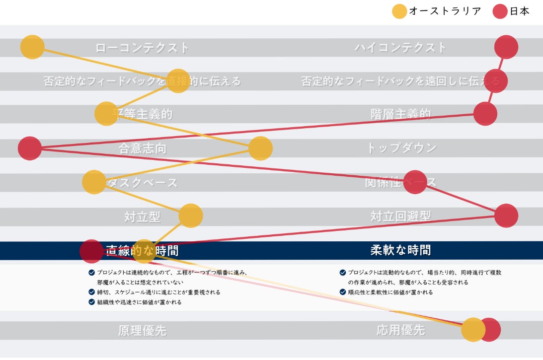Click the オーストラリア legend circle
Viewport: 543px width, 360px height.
coord(399,11)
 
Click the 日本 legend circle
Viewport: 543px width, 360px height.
coord(500,11)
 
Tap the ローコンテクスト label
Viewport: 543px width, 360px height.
coord(142,48)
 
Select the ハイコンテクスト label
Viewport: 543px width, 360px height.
coord(400,48)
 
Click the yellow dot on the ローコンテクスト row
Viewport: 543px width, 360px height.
coord(32,47)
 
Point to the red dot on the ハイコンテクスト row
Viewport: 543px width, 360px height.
coord(506,47)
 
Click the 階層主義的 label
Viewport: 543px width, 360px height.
coord(400,114)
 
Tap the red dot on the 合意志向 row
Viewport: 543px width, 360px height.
coord(30,148)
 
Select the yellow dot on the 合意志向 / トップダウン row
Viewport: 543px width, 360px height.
coord(260,148)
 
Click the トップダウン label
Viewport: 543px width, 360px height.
coord(401,148)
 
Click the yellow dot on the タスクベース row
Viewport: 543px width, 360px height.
coord(94,182)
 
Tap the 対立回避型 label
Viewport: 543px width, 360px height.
coord(400,216)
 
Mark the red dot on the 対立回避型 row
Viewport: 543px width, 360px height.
coord(506,216)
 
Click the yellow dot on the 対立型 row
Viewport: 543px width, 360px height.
coord(190,216)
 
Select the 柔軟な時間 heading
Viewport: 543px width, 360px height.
coord(400,250)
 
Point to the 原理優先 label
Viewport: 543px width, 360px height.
coord(142,331)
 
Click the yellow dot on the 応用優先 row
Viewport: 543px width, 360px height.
coord(473,330)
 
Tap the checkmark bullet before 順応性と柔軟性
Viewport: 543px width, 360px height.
coord(343,292)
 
